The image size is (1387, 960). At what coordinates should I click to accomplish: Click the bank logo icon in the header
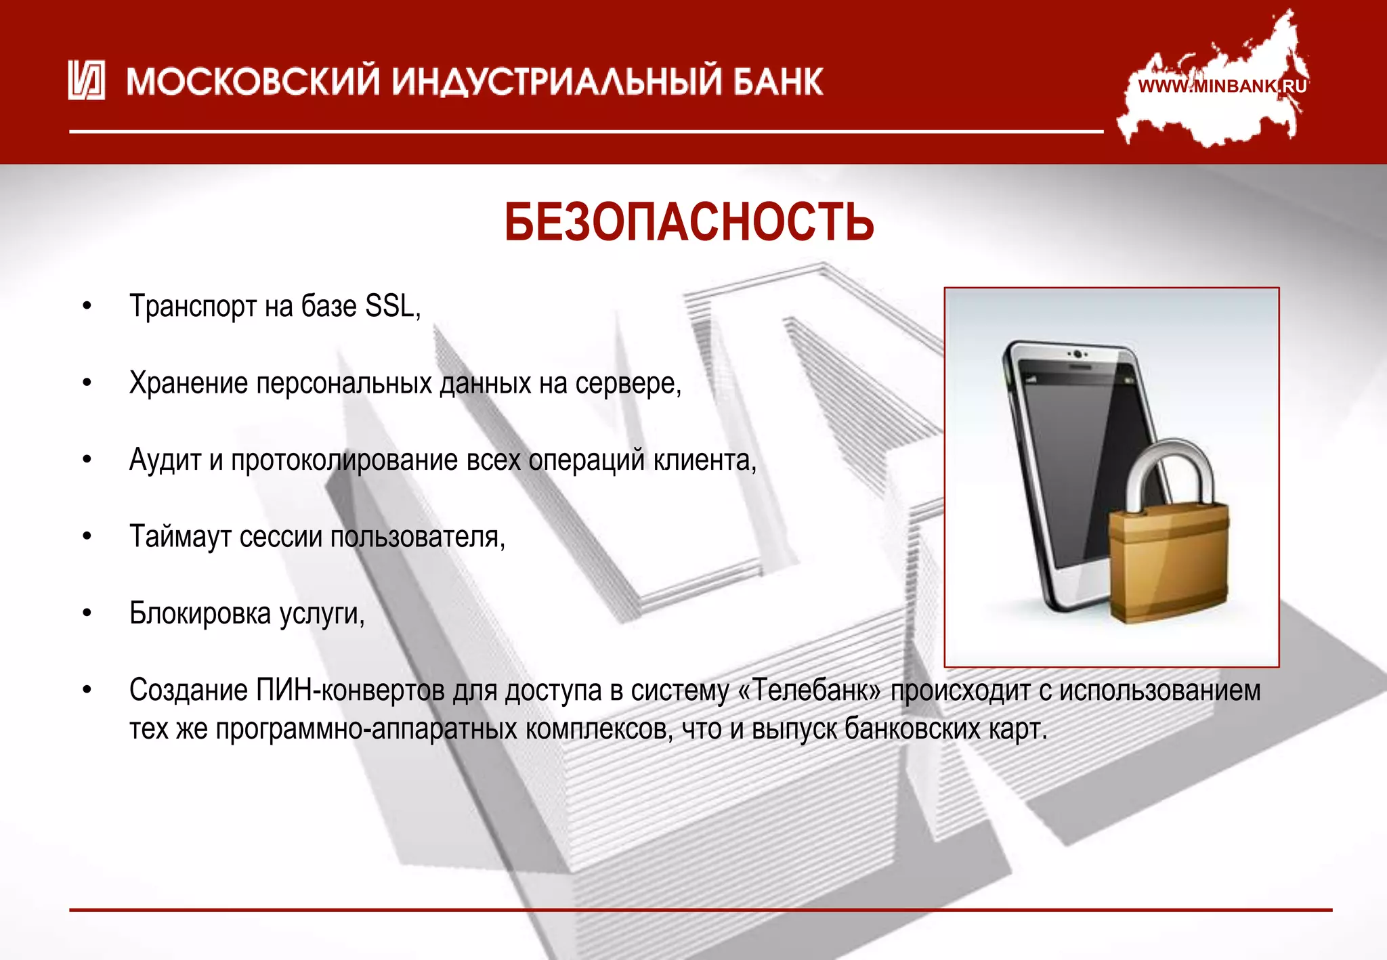tap(86, 81)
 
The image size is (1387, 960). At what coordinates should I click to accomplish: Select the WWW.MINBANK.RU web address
tap(1222, 87)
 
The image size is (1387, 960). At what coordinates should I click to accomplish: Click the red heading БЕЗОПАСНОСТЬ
tap(689, 222)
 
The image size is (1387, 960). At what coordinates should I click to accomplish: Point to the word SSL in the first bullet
tap(390, 307)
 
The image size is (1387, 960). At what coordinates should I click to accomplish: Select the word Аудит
tap(165, 460)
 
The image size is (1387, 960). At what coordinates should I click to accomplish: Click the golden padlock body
tap(1168, 562)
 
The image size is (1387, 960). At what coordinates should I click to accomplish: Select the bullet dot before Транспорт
tap(87, 307)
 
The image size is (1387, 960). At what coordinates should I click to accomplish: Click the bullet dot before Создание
tap(87, 691)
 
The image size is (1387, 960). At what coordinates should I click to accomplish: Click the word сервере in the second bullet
tap(627, 384)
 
